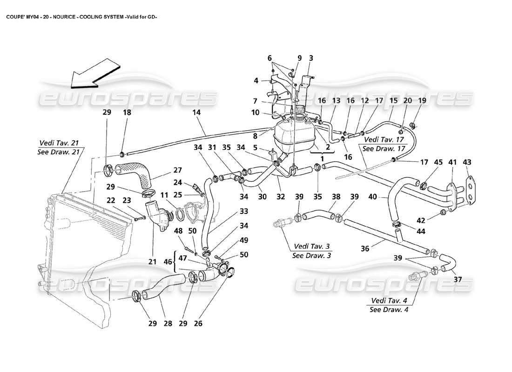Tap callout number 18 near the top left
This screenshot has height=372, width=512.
[127, 113]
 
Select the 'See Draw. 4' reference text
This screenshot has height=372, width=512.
[389, 310]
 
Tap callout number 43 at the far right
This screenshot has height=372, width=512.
[467, 162]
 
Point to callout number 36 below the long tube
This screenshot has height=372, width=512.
[365, 249]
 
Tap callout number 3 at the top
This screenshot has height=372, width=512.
[311, 58]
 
